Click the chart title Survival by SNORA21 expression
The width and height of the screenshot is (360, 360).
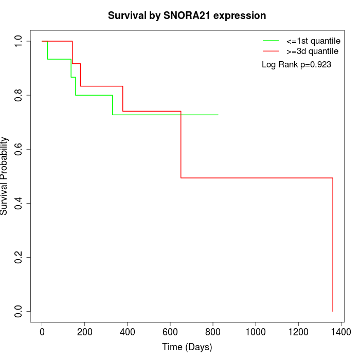click(x=187, y=16)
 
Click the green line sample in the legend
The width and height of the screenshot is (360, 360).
click(x=271, y=40)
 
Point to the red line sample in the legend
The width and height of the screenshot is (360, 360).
click(x=271, y=51)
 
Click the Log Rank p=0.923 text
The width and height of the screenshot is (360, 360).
click(x=296, y=65)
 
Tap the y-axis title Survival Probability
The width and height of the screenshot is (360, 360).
click(x=5, y=176)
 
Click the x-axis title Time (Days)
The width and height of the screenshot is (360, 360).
click(x=187, y=347)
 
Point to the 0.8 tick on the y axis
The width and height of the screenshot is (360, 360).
click(x=19, y=95)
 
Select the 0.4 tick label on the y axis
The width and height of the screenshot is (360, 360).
click(x=19, y=203)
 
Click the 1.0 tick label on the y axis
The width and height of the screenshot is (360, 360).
click(x=19, y=41)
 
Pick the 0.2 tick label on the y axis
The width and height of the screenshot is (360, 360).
click(x=19, y=257)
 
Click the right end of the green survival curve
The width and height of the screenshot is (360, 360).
click(x=218, y=115)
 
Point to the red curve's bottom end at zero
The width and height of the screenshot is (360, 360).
click(x=333, y=311)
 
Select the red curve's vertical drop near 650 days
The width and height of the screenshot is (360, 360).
click(x=181, y=144)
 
